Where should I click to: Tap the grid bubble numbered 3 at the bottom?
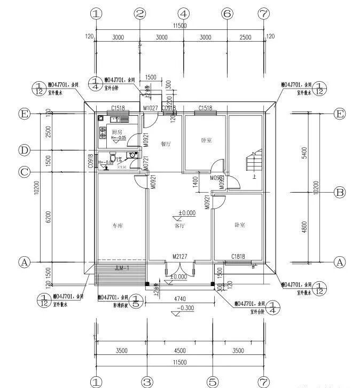pyautogui.click(x=148, y=382)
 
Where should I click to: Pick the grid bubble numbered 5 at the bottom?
pyautogui.click(x=213, y=382)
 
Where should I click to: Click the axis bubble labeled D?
pyautogui.click(x=24, y=151)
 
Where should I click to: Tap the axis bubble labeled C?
pyautogui.click(x=24, y=172)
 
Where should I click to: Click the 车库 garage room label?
pyautogui.click(x=118, y=226)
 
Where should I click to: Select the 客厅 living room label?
pyautogui.click(x=180, y=226)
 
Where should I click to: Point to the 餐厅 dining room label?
pyautogui.click(x=165, y=144)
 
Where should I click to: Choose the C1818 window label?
pyautogui.click(x=238, y=257)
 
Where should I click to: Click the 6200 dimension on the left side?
pyautogui.click(x=49, y=217)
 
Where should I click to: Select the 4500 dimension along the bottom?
pyautogui.click(x=180, y=351)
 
